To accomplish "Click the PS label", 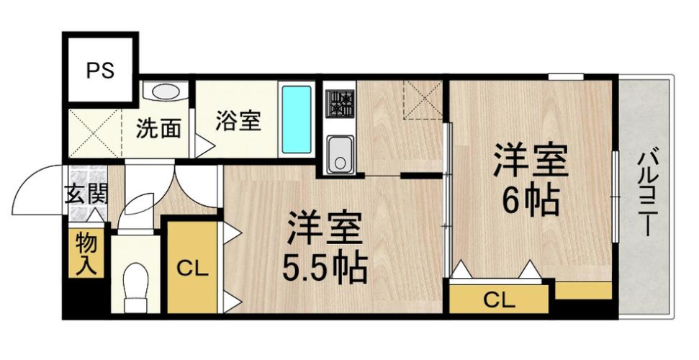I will coord(100,71).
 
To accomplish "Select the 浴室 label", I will coord(237,121).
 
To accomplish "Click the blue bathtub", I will coord(296,120).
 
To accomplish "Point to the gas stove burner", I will coord(339,102).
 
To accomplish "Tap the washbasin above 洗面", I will coord(166,94).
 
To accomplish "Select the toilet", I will coord(135,284).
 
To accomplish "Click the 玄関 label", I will coord(86,195).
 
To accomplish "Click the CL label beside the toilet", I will coord(192,270).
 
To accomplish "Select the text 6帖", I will coord(530,201).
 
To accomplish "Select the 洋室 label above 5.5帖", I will coord(325,229).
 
